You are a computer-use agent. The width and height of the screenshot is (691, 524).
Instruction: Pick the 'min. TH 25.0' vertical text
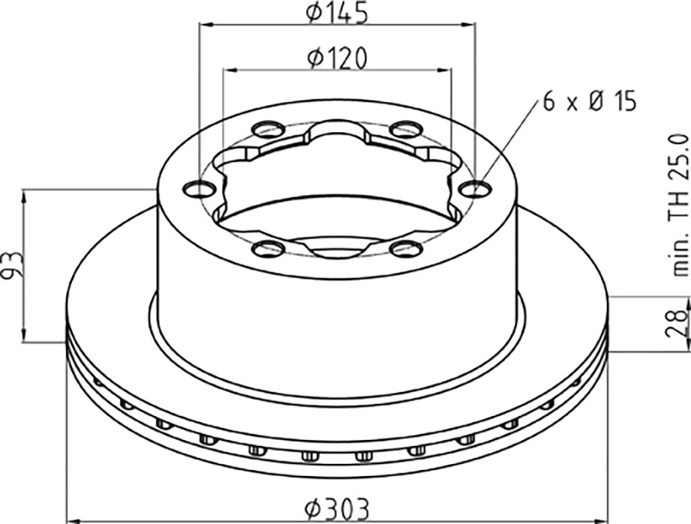(x=677, y=205)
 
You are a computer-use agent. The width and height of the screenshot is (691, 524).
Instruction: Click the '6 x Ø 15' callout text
(x=590, y=102)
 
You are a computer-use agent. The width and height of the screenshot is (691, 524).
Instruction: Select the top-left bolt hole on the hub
(x=268, y=129)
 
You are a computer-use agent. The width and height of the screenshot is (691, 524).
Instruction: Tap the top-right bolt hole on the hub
(x=407, y=129)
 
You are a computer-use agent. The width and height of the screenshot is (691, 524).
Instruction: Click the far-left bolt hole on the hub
(x=199, y=189)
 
